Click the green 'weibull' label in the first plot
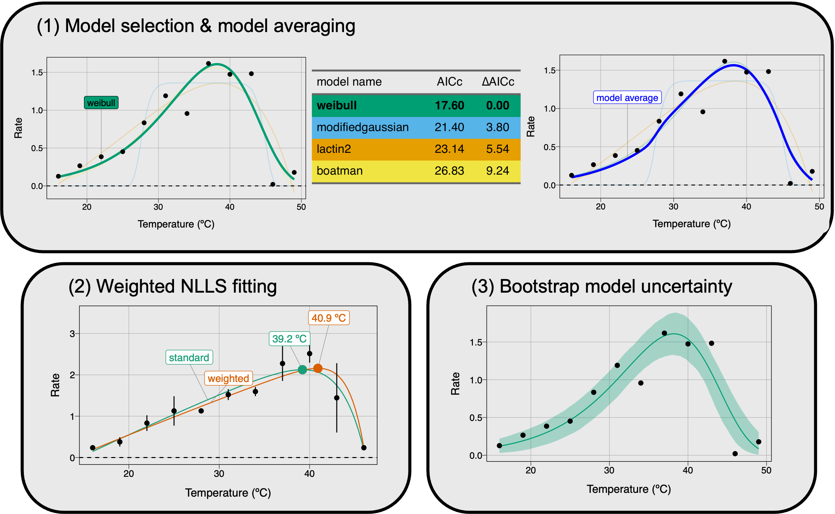coord(101,103)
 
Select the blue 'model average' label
coord(627,98)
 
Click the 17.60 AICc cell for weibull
coord(449,105)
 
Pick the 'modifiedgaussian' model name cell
coord(362,127)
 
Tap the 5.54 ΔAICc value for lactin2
coord(498,149)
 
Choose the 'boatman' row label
coord(340,171)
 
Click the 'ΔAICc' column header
coord(498,82)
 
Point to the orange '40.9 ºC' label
coord(329,318)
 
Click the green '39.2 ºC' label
coord(289,339)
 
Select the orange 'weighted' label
coord(228,378)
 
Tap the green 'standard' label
coord(189,357)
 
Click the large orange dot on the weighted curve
coord(318,368)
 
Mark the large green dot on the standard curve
coord(302,369)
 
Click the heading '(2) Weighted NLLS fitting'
coord(172,286)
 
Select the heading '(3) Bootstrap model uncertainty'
coord(601,286)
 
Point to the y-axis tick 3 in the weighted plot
coord(72,334)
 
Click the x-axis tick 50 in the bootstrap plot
coord(766,470)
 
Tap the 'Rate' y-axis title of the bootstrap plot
coord(456,384)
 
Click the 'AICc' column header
coord(449,82)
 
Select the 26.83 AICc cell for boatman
coord(449,171)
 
